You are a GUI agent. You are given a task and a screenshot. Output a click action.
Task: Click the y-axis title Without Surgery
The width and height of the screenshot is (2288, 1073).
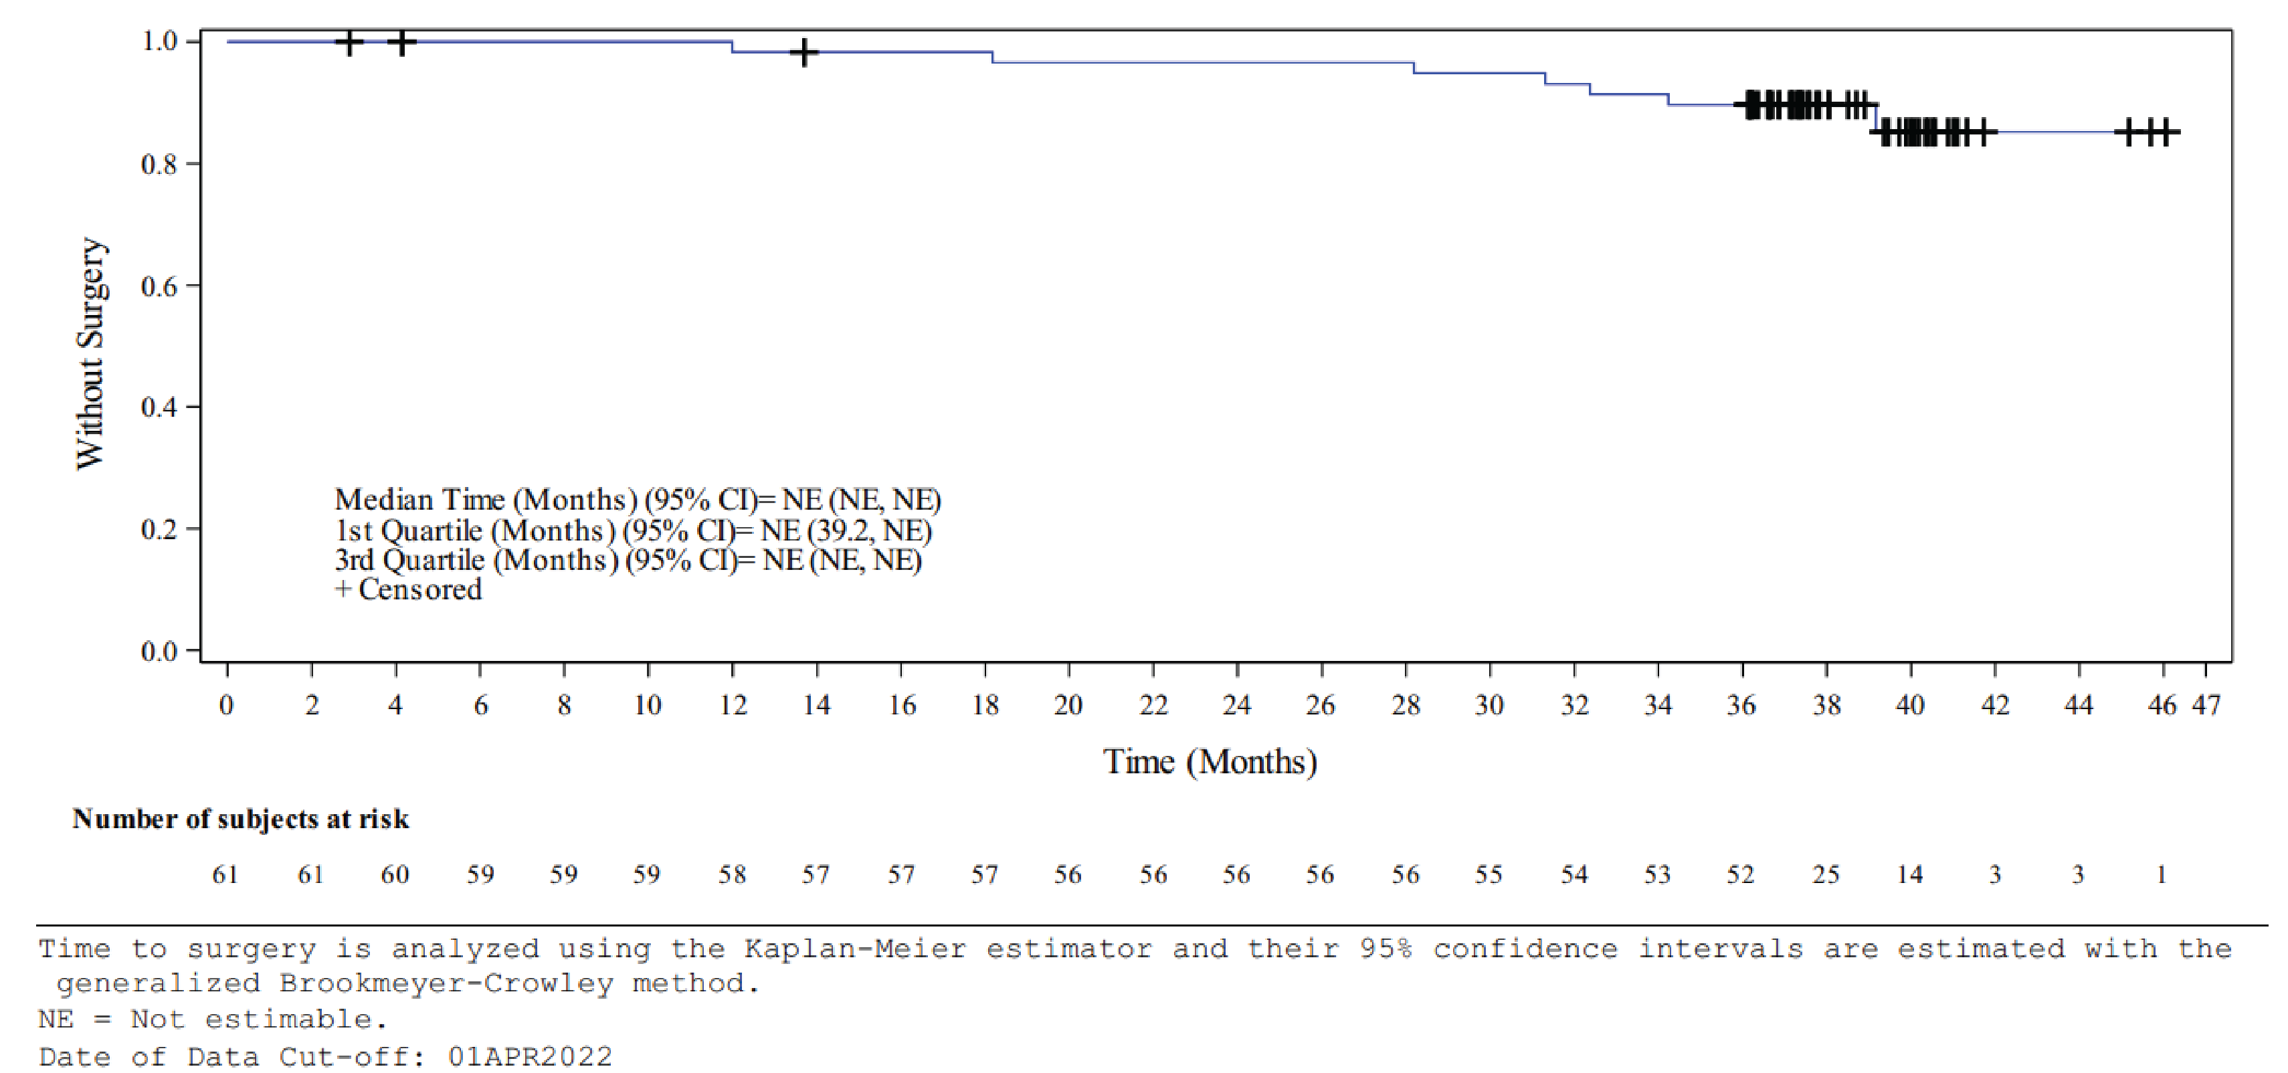(90, 353)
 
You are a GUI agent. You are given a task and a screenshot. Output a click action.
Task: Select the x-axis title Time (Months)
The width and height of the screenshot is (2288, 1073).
(1210, 762)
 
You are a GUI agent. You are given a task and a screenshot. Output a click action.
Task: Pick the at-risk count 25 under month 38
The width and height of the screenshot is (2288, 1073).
(1825, 875)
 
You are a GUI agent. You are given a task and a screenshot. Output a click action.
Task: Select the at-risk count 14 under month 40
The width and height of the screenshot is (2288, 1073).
(1909, 875)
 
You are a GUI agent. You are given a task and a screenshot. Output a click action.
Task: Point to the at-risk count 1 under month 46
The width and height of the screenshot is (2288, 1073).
(2161, 875)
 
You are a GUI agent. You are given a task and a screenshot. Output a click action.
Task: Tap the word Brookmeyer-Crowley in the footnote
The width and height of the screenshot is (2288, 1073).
(446, 983)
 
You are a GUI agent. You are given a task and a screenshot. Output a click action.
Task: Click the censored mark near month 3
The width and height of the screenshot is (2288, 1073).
(349, 41)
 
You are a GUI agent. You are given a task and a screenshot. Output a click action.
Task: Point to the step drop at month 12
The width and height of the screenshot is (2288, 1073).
(732, 47)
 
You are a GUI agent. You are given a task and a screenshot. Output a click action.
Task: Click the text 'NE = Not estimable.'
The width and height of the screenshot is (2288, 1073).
(213, 1019)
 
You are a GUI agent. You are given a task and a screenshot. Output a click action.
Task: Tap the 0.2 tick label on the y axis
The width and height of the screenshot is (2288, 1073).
(159, 529)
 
